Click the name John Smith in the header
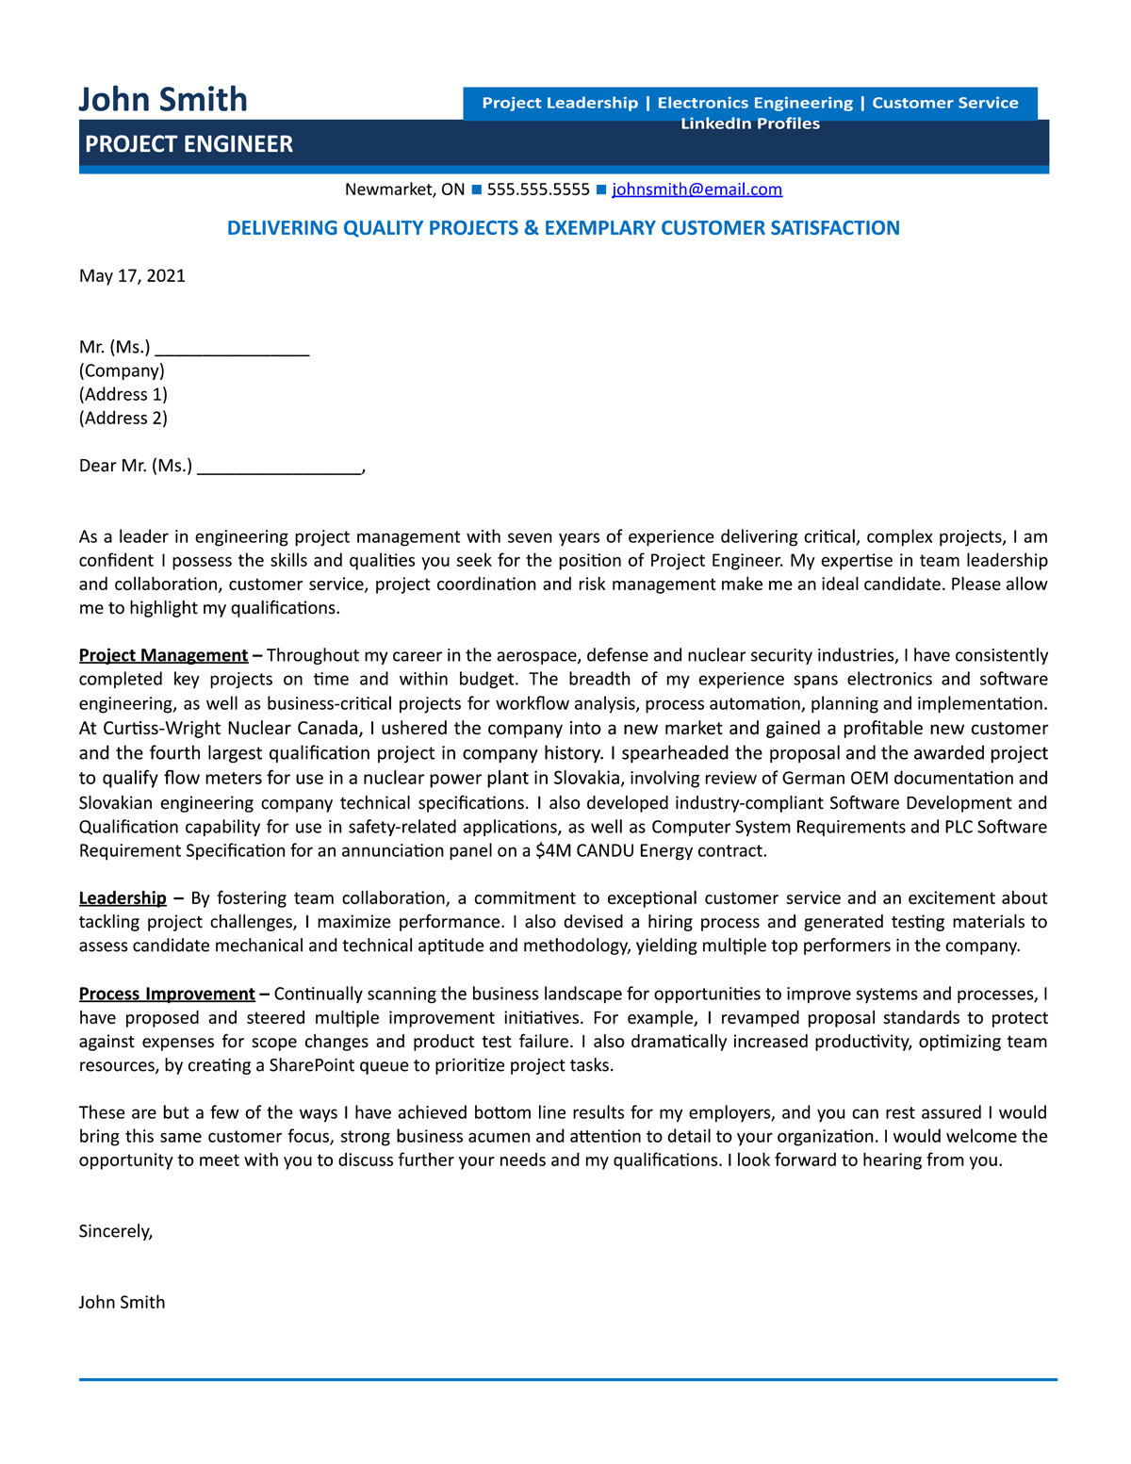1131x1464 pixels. tap(163, 99)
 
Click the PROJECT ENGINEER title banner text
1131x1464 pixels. tap(188, 144)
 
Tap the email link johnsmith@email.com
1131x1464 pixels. tap(697, 189)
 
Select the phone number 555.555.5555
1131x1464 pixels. tap(538, 189)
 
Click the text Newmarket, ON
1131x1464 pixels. tap(404, 189)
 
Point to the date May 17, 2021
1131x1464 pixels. tap(132, 276)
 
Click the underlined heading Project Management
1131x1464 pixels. tap(163, 655)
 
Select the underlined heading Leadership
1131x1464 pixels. tap(123, 898)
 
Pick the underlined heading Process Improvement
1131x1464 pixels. tap(167, 994)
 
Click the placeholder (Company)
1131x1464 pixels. tap(122, 370)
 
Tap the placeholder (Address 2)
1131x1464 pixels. tap(123, 418)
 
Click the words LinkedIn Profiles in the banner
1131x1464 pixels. tap(750, 123)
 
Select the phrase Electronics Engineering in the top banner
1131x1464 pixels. tap(755, 103)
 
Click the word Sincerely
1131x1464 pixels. tap(115, 1231)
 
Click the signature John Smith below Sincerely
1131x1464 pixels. tap(122, 1302)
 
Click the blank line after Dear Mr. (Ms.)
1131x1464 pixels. tap(279, 466)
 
